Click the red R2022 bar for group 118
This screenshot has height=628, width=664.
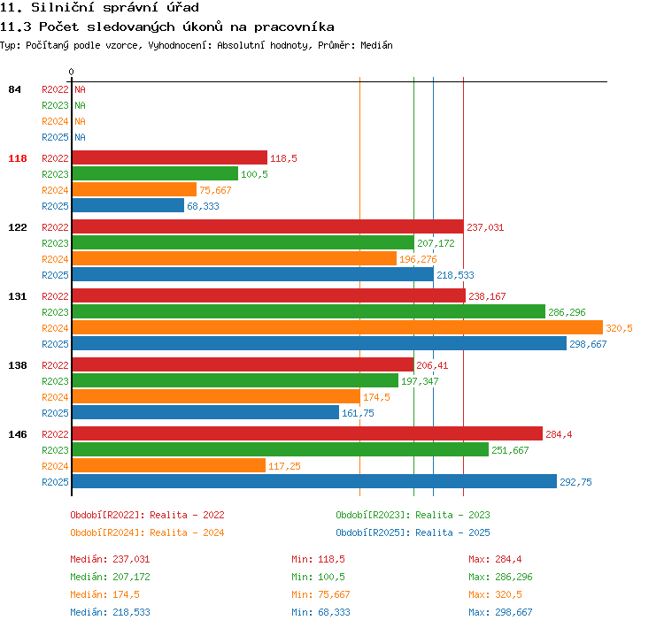[x=170, y=157]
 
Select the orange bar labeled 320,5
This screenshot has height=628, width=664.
[x=337, y=327]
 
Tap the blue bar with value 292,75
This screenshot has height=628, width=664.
[x=314, y=481]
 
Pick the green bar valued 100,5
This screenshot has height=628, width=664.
[x=155, y=173]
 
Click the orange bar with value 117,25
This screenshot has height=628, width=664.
[x=169, y=465]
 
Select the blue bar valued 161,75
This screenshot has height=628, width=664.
[x=205, y=412]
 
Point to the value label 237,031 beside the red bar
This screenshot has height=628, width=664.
[x=485, y=227]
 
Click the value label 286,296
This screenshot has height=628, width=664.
[x=567, y=312]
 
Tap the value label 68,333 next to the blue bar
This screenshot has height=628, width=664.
[x=204, y=206]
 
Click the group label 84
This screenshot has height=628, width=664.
[x=14, y=89]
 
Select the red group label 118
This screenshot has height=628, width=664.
[x=18, y=158]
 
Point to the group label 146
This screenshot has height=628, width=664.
[x=18, y=434]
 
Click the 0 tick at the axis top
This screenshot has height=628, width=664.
[x=71, y=72]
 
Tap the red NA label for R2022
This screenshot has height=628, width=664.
[x=80, y=89]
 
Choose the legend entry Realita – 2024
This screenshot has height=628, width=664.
[x=187, y=532]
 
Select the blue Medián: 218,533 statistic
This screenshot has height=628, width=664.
[x=110, y=612]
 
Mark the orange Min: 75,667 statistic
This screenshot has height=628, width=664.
[x=320, y=594]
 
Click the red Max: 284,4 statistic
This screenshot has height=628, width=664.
[x=495, y=559]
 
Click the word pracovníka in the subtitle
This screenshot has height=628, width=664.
[x=294, y=27]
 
